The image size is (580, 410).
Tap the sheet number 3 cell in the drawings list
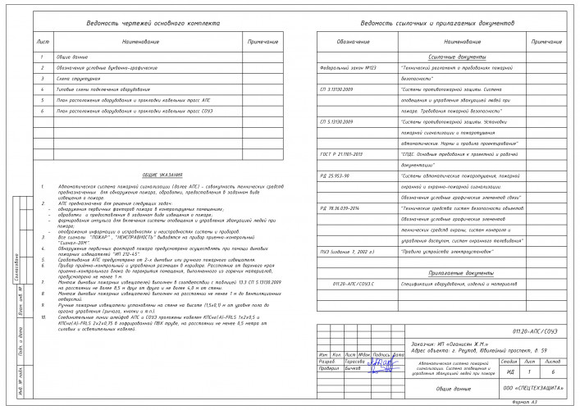pos(43,78)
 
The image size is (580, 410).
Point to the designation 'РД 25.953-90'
pos(336,175)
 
